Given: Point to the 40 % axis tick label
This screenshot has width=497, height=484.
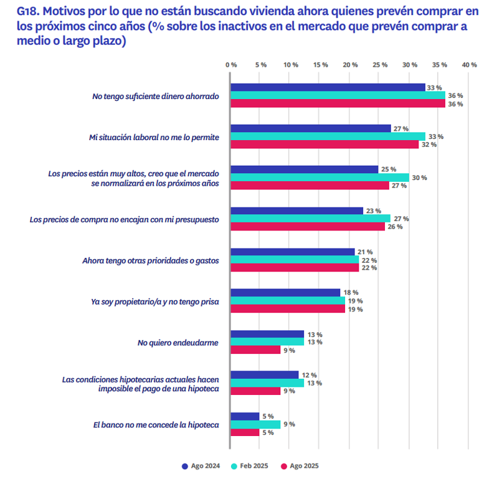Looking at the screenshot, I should (x=469, y=65).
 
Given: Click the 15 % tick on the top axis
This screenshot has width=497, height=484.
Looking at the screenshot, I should (x=320, y=65).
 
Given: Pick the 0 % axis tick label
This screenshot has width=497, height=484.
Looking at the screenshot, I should (x=231, y=65).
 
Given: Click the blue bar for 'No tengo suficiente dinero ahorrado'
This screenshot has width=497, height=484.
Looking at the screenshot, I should (x=328, y=88).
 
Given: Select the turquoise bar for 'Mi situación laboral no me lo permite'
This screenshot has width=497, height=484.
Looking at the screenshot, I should (x=328, y=136).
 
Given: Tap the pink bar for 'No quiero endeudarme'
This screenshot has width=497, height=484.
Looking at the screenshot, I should (x=255, y=350).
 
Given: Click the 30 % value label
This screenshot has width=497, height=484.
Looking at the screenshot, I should (x=419, y=178).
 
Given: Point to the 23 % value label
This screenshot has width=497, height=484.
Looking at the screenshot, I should (x=373, y=211).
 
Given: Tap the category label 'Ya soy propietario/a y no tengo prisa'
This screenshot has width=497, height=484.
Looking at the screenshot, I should (x=154, y=301).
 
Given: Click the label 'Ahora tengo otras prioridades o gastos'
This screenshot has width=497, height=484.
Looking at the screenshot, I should (x=151, y=260).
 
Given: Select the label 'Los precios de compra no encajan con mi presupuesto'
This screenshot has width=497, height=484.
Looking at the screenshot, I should (x=125, y=219).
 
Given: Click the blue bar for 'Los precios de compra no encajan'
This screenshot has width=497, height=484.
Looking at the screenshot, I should (x=296, y=211).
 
